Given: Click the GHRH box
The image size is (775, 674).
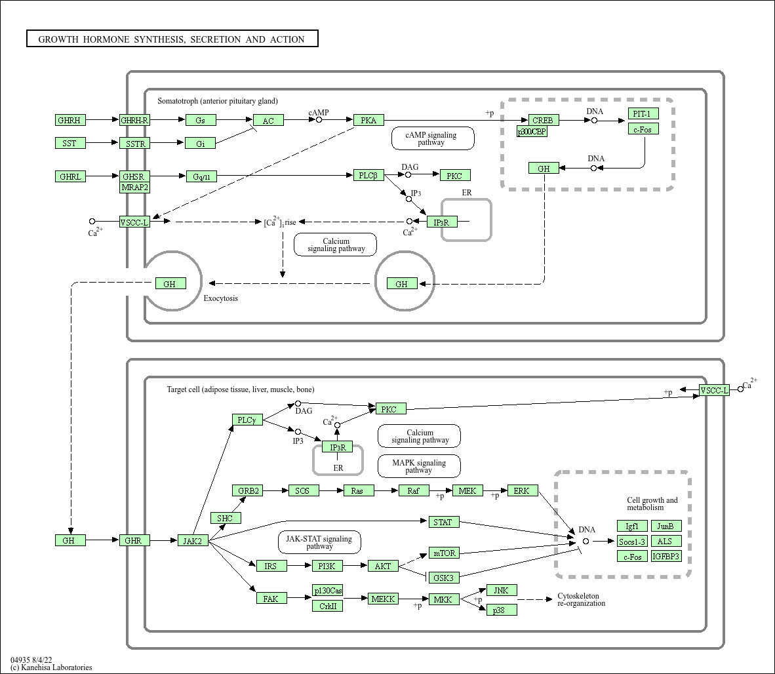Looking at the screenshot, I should [x=70, y=120].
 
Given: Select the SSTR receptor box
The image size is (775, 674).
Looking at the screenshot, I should [x=135, y=143].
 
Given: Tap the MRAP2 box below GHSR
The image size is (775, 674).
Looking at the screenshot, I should [x=135, y=188].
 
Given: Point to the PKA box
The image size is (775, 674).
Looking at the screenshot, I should [x=368, y=120].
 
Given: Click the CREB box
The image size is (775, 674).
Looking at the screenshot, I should [x=543, y=120].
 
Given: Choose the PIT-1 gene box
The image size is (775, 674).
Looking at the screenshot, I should [x=643, y=113].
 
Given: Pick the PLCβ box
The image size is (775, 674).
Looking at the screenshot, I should [x=368, y=175].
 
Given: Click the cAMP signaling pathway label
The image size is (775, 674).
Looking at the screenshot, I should [x=432, y=138].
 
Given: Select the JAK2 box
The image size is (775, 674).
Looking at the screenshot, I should [x=193, y=540].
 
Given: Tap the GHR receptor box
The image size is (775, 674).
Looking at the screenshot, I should [x=135, y=540].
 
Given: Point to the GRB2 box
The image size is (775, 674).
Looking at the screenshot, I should [x=248, y=490].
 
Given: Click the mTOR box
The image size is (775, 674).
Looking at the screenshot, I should [x=444, y=553].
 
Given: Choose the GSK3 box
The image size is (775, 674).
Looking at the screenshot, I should [x=444, y=578].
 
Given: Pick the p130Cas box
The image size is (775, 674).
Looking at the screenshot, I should [x=327, y=590].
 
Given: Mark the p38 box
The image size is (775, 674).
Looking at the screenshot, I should [x=502, y=610].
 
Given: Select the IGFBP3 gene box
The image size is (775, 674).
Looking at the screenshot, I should [x=666, y=556].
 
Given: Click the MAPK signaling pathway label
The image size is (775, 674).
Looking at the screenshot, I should [x=419, y=466].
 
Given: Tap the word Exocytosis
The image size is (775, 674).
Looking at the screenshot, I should [x=221, y=298].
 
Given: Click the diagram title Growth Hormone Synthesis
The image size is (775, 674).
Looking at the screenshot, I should [x=172, y=39].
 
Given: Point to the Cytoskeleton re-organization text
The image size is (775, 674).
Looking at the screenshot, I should [x=581, y=599].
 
